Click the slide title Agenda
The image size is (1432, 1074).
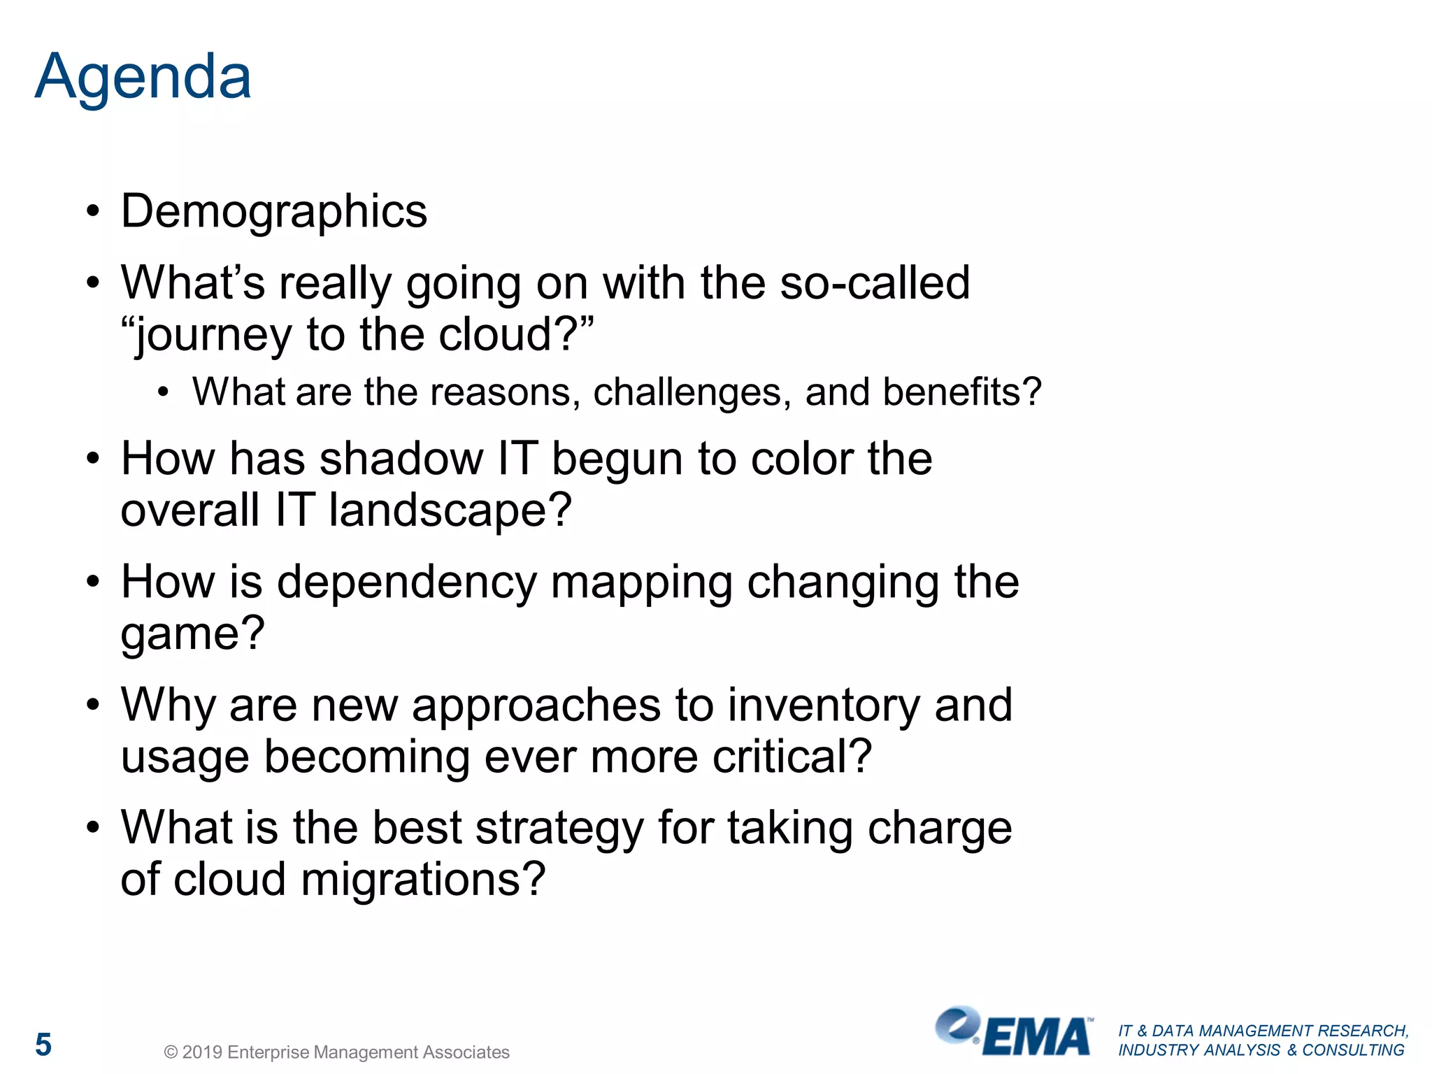coord(143,77)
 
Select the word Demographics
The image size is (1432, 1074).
coord(273,211)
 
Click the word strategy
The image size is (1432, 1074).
coord(559,828)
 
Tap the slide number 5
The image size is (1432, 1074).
coord(43,1045)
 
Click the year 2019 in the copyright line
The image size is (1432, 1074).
coord(202,1052)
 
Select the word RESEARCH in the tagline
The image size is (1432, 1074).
coord(1363,1031)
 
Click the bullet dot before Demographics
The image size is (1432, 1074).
coord(93,212)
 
